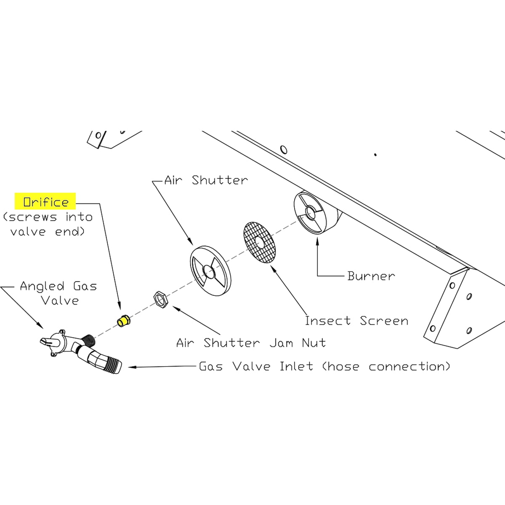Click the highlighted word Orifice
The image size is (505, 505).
46,202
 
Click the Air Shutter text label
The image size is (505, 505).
206,180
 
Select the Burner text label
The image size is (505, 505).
371,276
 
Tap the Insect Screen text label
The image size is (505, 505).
356,321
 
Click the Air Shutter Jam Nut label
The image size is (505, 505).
251,343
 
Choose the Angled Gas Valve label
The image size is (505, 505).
58,293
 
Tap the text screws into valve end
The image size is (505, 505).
47,224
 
